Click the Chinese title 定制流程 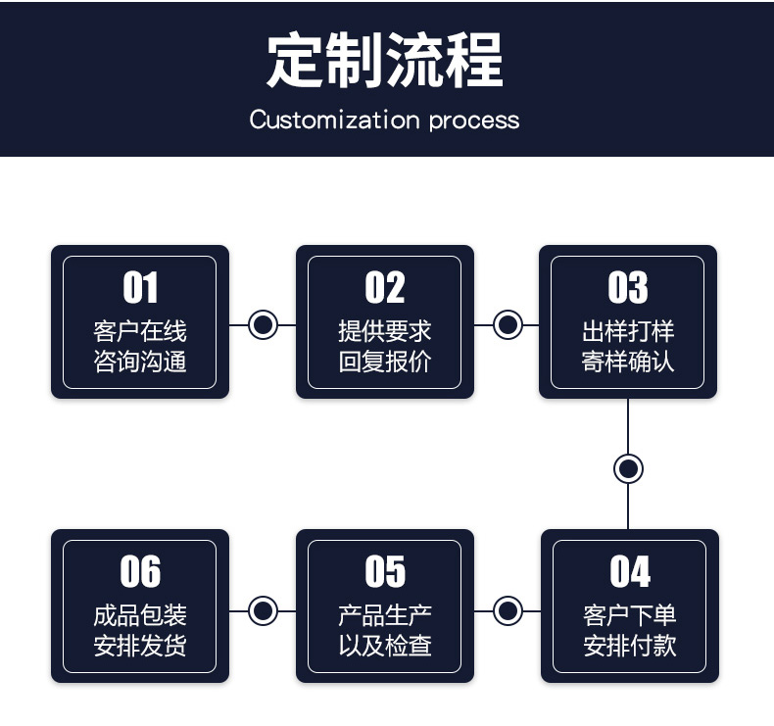385,59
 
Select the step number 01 140,287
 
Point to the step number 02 385,287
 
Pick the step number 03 628,287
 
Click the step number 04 630,571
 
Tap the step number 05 385,571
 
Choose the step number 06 140,571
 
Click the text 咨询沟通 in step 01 140,362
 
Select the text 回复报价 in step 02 385,362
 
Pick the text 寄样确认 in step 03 628,362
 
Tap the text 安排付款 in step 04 630,646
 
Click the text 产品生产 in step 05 385,615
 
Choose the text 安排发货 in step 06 140,646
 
